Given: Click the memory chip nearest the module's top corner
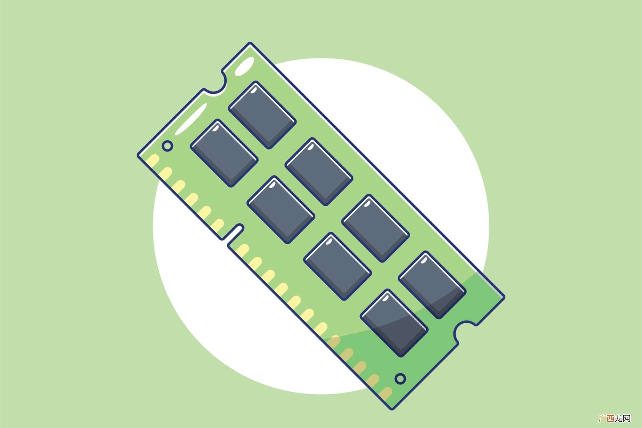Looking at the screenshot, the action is (262, 115).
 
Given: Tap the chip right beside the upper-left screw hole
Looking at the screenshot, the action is (224, 153).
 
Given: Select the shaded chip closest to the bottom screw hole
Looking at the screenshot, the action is (395, 323).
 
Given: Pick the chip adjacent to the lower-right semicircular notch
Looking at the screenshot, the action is (432, 285).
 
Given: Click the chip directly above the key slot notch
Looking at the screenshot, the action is (281, 210).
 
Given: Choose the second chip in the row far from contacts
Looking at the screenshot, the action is (319, 172).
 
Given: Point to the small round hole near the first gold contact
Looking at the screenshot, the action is (168, 146).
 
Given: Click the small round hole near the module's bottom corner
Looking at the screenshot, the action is (400, 379).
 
